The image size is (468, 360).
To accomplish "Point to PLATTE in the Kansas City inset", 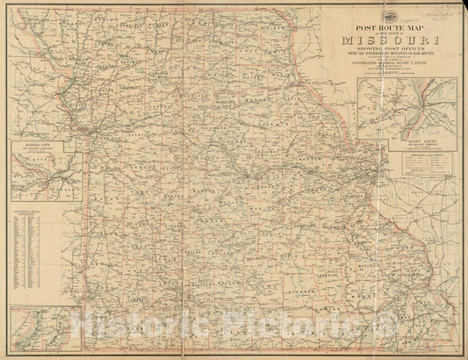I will click(x=35, y=159).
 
